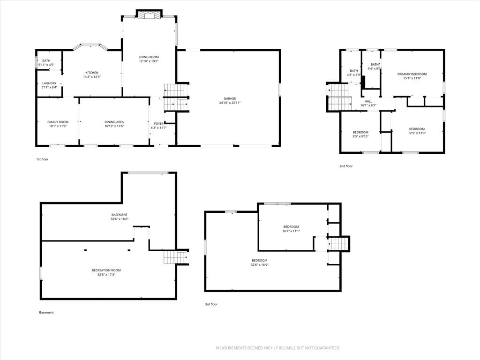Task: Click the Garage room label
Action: pos(230,98)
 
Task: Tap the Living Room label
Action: pos(149,57)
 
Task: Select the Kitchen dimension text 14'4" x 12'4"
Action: pos(92,77)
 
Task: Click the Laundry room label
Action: pos(49,83)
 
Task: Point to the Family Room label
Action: pos(58,122)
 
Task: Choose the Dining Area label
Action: pos(114,122)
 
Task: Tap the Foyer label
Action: pos(158,124)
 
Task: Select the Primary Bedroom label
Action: pos(412,74)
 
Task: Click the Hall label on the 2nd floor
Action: pos(368,101)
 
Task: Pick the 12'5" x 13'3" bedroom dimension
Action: pos(417,133)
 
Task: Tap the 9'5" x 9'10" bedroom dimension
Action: pos(360,136)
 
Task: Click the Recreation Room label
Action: pos(106,270)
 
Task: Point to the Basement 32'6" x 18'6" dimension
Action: pos(120,219)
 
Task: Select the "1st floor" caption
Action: pos(42,159)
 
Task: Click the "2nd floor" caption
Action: pos(346,166)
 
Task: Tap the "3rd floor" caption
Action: pos(211,304)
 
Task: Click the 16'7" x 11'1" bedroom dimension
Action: pos(291,231)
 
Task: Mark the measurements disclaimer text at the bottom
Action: pos(278,348)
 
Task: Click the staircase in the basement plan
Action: pos(176,257)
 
